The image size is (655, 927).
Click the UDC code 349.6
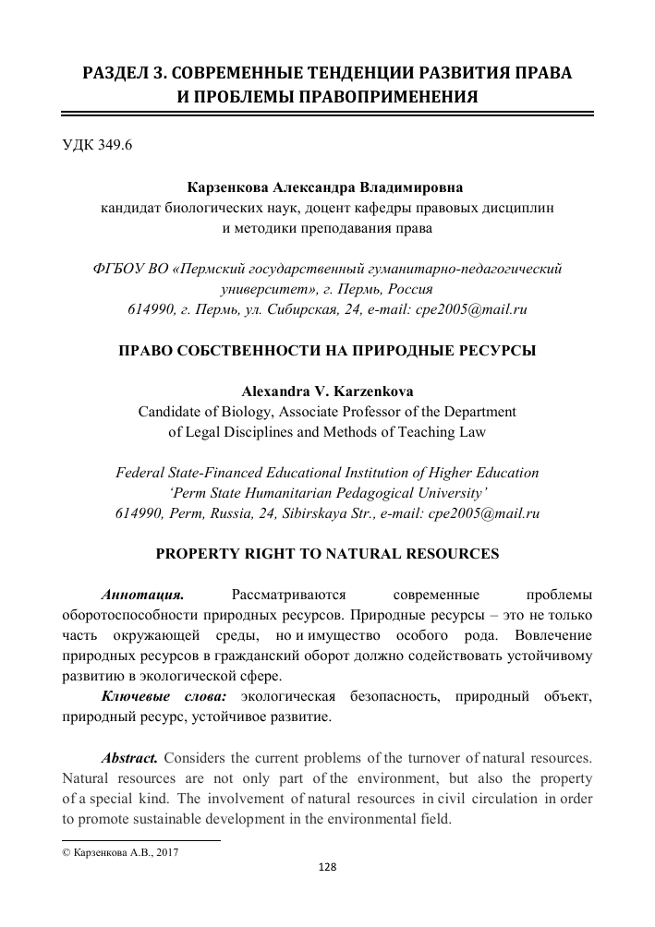[x=97, y=146]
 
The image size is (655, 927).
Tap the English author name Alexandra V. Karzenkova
[x=328, y=391]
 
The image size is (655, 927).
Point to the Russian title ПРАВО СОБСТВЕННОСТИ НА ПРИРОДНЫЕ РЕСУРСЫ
[x=328, y=351]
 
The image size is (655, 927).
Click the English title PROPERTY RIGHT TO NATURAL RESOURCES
[x=328, y=554]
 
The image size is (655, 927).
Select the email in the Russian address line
[x=459, y=310]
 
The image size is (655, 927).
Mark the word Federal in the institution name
[x=139, y=473]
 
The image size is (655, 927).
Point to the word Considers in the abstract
[x=197, y=759]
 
